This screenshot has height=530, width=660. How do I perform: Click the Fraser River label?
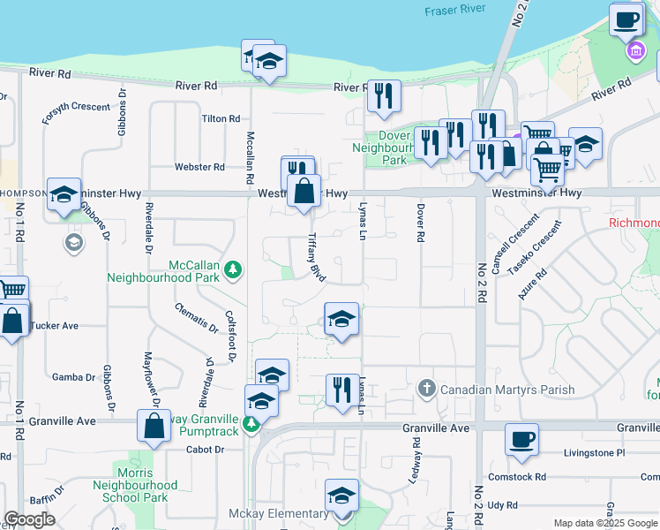coord(456,11)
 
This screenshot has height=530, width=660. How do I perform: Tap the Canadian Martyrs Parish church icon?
coord(427,389)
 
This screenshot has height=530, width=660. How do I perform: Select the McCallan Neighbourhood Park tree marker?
coord(233,269)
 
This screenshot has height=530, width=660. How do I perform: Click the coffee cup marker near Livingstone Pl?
coord(521,438)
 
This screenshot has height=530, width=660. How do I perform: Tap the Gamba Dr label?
coord(73,377)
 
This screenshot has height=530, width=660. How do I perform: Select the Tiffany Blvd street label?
coord(316,258)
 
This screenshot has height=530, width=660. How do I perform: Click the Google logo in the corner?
coord(29,519)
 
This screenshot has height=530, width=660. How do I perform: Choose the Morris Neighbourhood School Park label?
coord(136,485)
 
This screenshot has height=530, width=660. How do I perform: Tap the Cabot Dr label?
coord(206,449)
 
